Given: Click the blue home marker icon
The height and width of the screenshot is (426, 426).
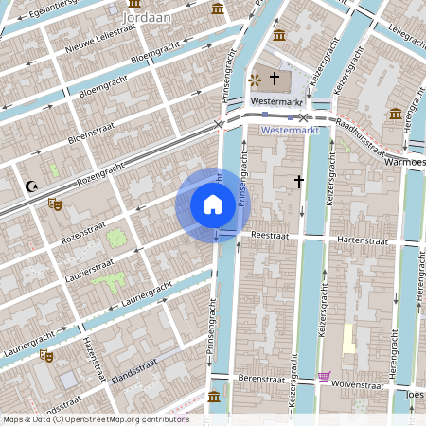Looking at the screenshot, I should (x=213, y=204).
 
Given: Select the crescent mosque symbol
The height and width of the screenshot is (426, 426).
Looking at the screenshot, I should (x=33, y=186).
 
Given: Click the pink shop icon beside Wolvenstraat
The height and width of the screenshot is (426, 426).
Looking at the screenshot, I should (x=325, y=377).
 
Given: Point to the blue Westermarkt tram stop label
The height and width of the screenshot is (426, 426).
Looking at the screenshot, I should (x=287, y=130).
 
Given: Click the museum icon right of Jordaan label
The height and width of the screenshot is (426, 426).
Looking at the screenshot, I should (x=219, y=9).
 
